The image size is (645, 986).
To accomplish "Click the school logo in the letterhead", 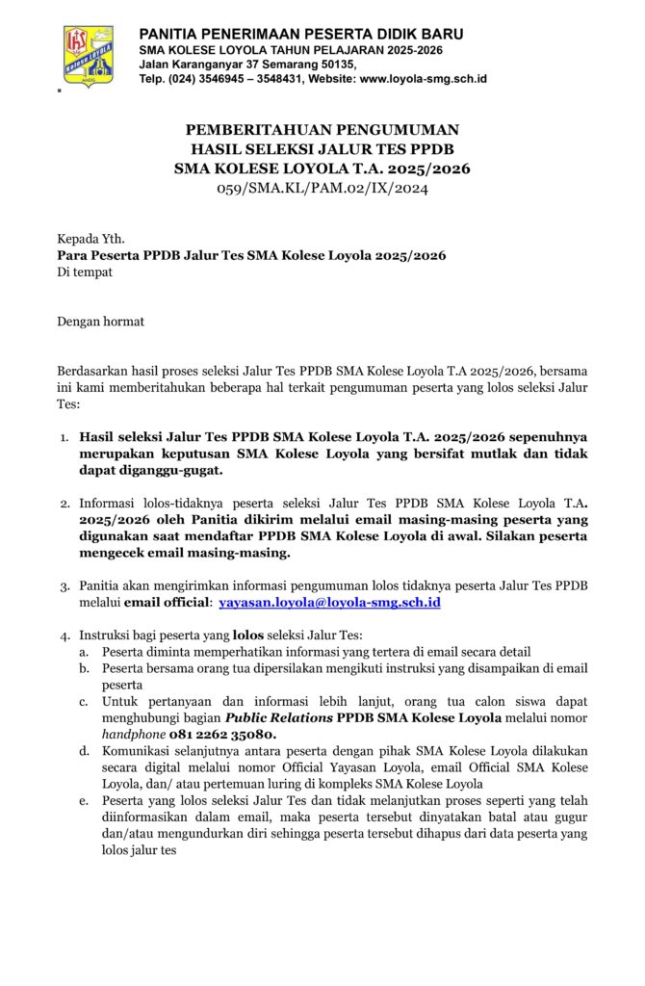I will pyautogui.click(x=88, y=54).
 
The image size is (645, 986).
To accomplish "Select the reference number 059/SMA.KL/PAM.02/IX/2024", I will pyautogui.click(x=322, y=188).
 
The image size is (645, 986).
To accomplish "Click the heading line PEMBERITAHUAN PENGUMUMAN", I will pyautogui.click(x=322, y=129).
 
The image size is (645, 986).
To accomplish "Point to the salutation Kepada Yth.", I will pyautogui.click(x=90, y=238).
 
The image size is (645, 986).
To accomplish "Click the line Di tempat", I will pyautogui.click(x=85, y=272).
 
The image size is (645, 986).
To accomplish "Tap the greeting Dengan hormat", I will pyautogui.click(x=100, y=322).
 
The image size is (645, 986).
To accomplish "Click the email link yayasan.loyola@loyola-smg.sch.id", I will pyautogui.click(x=329, y=602).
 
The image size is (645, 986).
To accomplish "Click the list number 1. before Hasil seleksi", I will pyautogui.click(x=64, y=438).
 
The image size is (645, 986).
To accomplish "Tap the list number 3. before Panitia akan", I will pyautogui.click(x=64, y=585).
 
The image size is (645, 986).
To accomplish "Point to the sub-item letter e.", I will pyautogui.click(x=84, y=801).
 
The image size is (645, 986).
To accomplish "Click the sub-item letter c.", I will pyautogui.click(x=84, y=701).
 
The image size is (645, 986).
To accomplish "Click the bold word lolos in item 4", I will pyautogui.click(x=249, y=636).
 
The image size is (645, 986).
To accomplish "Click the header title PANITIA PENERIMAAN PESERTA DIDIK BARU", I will pyautogui.click(x=307, y=34).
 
